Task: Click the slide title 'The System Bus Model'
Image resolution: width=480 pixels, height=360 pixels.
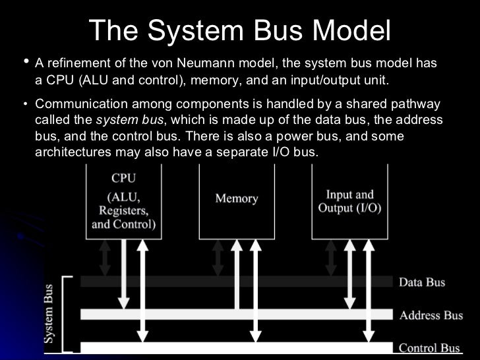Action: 239,30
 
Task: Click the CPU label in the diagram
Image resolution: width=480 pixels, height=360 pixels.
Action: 123,177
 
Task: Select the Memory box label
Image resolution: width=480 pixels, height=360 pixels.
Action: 236,198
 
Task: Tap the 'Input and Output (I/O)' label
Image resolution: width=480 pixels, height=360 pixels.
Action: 349,201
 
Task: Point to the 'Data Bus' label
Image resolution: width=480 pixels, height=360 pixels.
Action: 422,282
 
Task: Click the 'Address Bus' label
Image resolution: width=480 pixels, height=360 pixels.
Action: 431,315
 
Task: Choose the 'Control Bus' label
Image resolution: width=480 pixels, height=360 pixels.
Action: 429,347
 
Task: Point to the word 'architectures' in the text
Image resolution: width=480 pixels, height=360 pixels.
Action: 70,152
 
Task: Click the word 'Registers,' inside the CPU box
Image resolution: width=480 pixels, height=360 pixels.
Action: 123,211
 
